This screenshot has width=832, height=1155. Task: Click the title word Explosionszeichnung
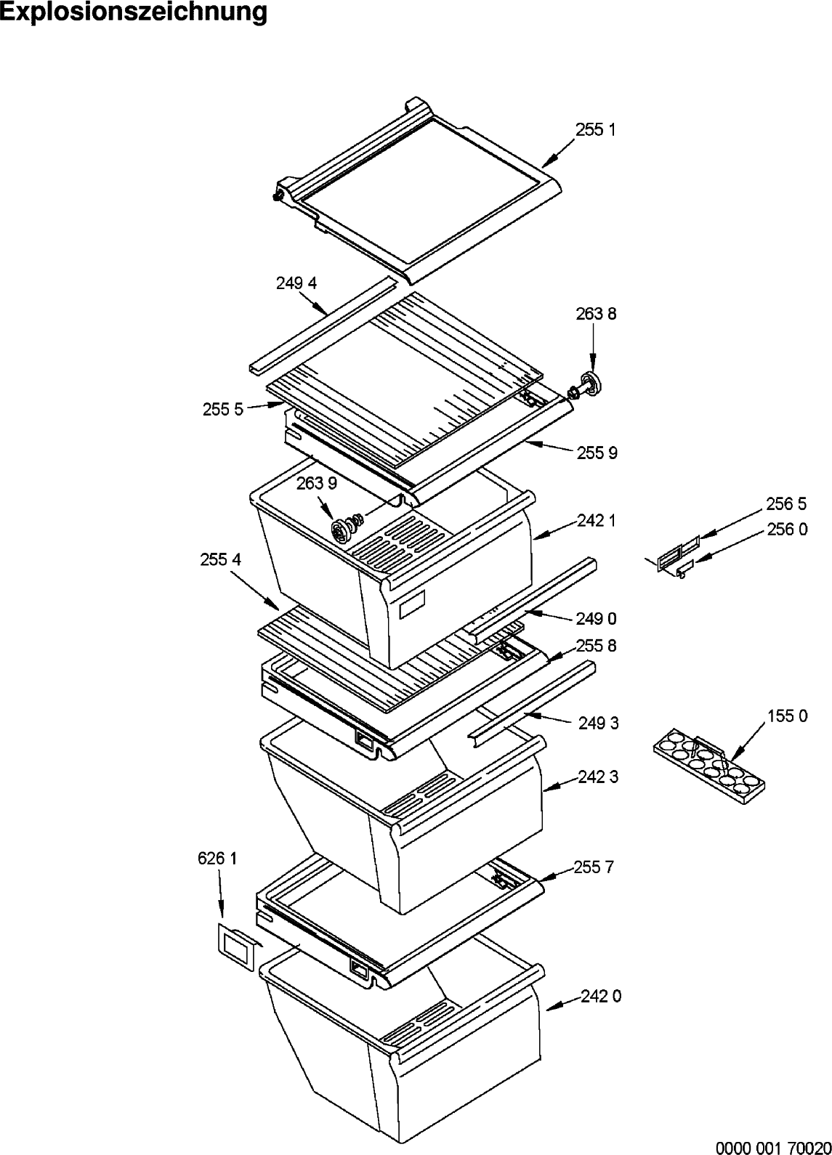pyautogui.click(x=134, y=14)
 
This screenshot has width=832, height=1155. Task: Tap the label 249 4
pyautogui.click(x=296, y=283)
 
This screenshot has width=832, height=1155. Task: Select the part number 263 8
pyautogui.click(x=595, y=314)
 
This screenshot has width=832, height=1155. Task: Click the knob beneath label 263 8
pyautogui.click(x=591, y=384)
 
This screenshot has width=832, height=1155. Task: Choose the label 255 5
pyautogui.click(x=223, y=410)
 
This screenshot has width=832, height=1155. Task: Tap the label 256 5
pyautogui.click(x=785, y=503)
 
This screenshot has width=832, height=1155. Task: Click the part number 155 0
pyautogui.click(x=787, y=716)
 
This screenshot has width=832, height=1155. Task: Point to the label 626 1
pyautogui.click(x=217, y=859)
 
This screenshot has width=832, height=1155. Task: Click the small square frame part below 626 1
pyautogui.click(x=237, y=946)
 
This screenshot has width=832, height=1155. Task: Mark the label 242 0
pyautogui.click(x=601, y=997)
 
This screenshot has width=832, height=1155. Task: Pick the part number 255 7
pyautogui.click(x=594, y=867)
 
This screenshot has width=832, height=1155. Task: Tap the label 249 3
pyautogui.click(x=599, y=723)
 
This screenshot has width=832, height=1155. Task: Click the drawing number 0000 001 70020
pyautogui.click(x=773, y=1147)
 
